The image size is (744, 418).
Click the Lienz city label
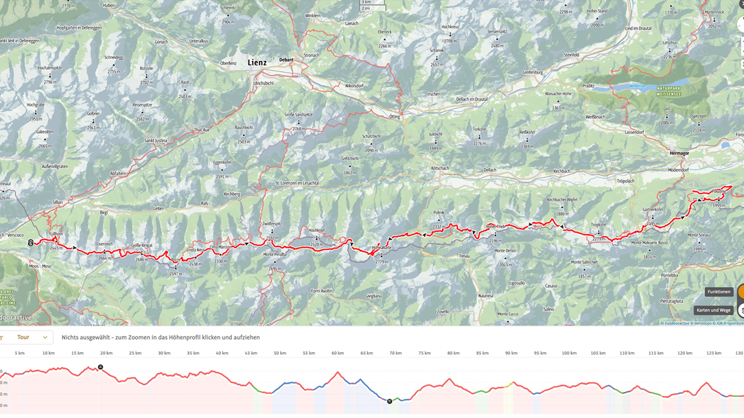[257, 62]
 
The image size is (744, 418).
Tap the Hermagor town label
[679, 153]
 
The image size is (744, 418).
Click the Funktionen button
[719, 292]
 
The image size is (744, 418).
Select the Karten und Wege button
[713, 310]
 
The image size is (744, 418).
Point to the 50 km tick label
[279, 353]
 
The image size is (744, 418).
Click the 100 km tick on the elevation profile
[569, 353]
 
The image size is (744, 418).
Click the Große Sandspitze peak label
[298, 115]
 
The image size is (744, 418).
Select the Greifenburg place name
[533, 72]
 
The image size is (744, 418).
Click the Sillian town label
[58, 202]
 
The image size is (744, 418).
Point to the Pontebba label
[669, 275]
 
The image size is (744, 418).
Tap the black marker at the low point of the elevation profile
[389, 401]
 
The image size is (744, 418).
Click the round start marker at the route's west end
[31, 243]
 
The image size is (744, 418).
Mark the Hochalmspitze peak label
[50, 69]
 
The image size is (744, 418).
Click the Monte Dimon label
[505, 251]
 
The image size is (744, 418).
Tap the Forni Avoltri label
[321, 291]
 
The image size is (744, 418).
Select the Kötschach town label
[440, 168]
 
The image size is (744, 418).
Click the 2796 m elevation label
[49, 82]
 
